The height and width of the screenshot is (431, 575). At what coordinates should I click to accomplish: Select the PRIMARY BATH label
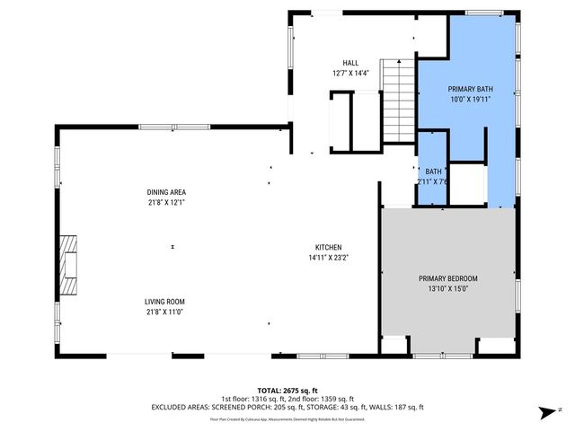tap(471, 89)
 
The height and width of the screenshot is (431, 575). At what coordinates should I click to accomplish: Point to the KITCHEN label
tap(328, 248)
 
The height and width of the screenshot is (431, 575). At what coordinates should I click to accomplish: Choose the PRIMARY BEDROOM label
tap(448, 278)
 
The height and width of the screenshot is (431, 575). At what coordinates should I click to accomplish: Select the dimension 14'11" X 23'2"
tap(328, 258)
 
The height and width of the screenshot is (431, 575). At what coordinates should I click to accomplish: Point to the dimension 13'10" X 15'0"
tap(448, 289)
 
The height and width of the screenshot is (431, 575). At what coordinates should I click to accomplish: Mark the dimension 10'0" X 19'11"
tap(471, 100)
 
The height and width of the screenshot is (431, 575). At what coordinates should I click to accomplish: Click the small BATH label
tap(434, 172)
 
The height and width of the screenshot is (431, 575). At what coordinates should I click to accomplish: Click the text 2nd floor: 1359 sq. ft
tap(319, 399)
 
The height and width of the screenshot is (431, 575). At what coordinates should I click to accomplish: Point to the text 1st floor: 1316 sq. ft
tap(252, 399)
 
